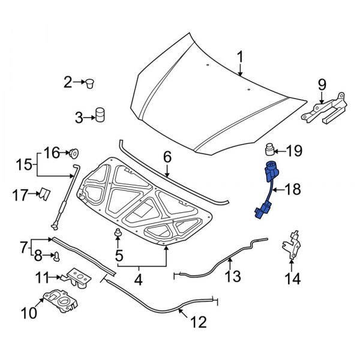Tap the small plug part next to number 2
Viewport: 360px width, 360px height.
tap(92, 82)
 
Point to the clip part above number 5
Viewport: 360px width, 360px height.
tap(118, 233)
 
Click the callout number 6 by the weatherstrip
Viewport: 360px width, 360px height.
tap(167, 157)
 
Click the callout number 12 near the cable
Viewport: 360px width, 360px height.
tap(198, 322)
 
